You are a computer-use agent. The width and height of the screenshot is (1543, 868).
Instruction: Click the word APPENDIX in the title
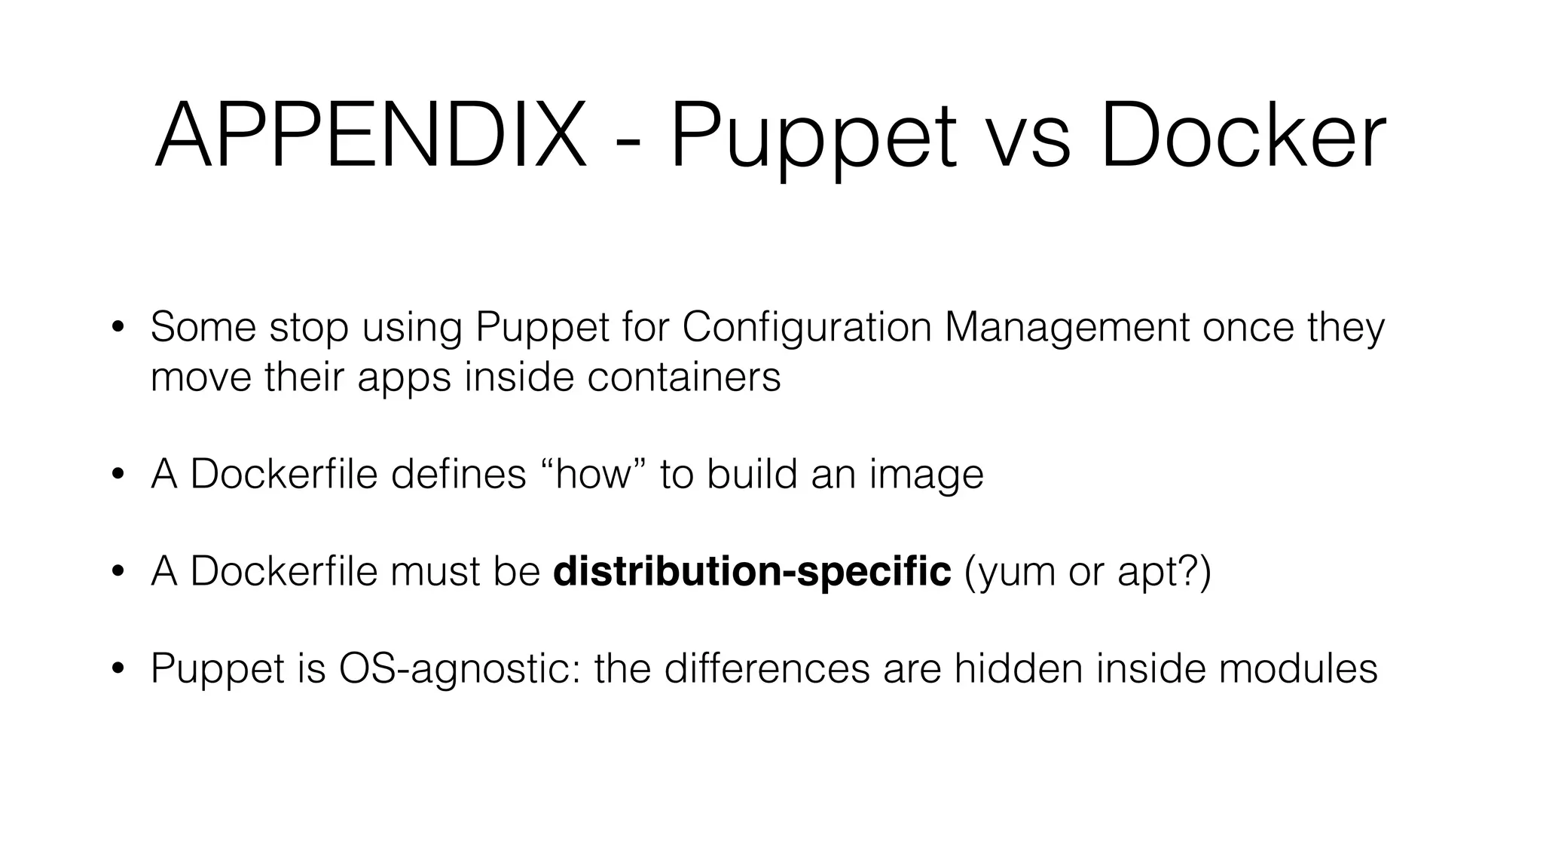tap(370, 136)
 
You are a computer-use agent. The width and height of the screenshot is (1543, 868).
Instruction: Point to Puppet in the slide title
tap(813, 139)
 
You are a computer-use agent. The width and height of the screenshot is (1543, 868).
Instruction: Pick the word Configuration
tap(806, 329)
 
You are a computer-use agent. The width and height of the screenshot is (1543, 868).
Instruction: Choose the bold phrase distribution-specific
tap(752, 571)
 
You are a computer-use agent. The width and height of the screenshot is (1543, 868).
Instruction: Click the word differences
tap(767, 668)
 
